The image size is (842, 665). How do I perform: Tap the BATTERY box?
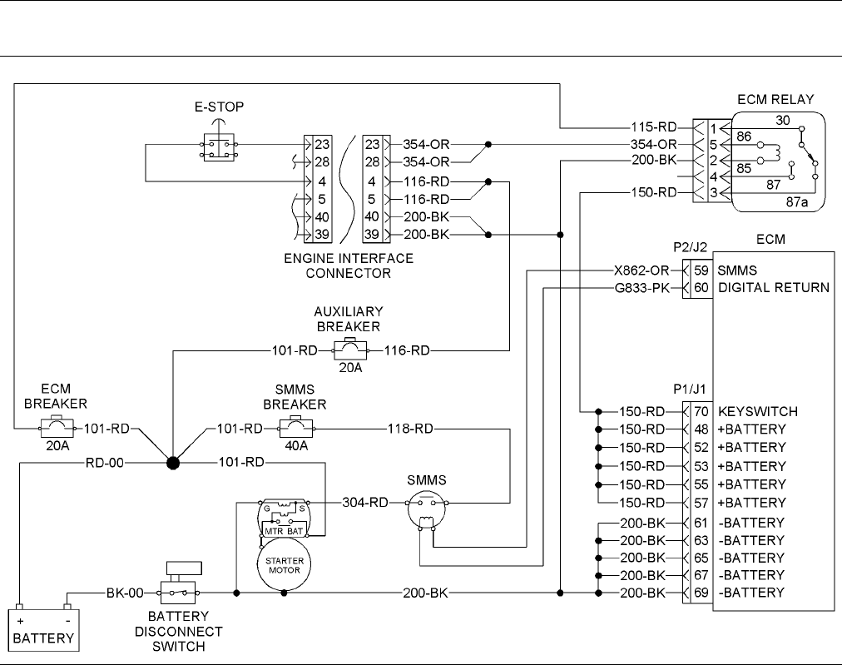click(44, 630)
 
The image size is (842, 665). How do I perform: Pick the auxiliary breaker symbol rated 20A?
click(350, 350)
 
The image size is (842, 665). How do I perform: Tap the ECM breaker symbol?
click(57, 428)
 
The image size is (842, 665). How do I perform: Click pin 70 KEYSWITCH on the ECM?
click(701, 411)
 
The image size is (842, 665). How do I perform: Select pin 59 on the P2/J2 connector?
click(701, 270)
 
